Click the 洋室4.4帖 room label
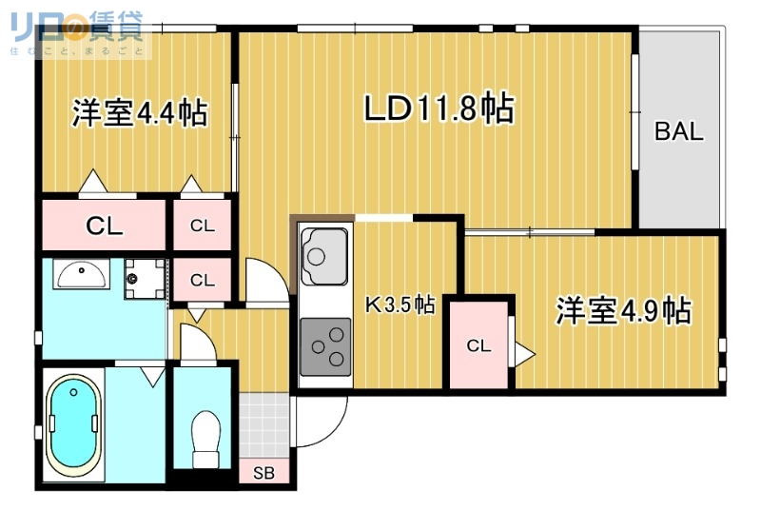[x=139, y=113]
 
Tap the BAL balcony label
[x=678, y=132]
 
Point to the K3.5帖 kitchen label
[x=400, y=305]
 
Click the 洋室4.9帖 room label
[x=623, y=311]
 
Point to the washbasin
[x=81, y=275]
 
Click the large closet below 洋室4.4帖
[x=104, y=226]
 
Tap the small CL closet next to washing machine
[x=202, y=281]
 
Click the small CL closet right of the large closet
[x=202, y=226]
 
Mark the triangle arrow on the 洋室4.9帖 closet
[x=523, y=353]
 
